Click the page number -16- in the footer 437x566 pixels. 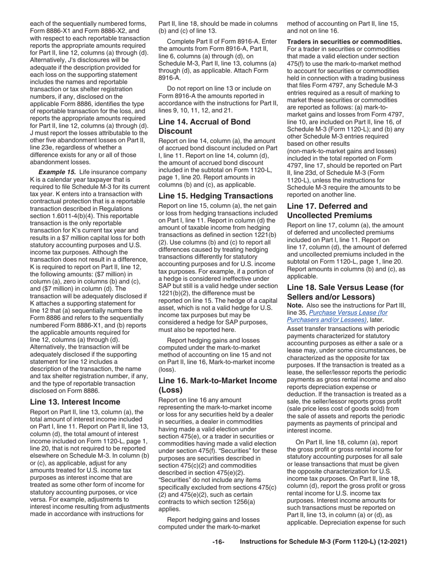(x=218, y=542)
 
